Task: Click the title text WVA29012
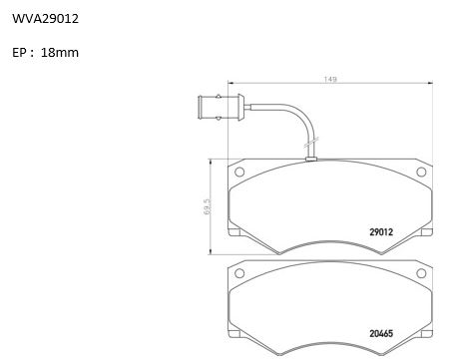(x=45, y=19)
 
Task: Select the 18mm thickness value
(x=60, y=53)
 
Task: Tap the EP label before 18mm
(x=20, y=53)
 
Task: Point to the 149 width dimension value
(x=330, y=79)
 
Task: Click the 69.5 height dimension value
(x=207, y=206)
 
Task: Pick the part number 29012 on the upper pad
(x=381, y=232)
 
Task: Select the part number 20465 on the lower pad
(x=381, y=333)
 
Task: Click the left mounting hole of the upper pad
(x=239, y=172)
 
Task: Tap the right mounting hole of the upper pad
(x=421, y=172)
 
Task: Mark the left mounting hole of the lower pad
(x=239, y=273)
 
